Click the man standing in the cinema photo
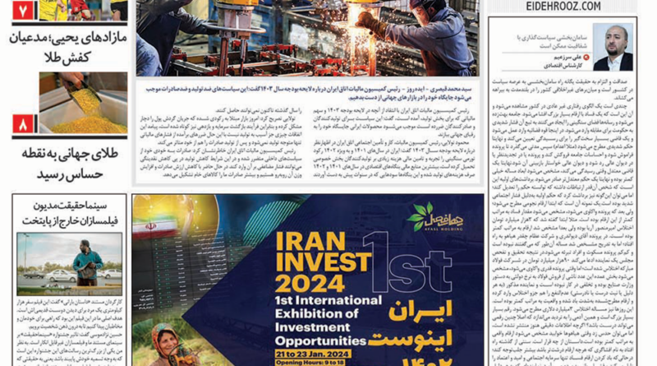pyautogui.click(x=87, y=262)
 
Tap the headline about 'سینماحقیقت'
pyautogui.click(x=69, y=211)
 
